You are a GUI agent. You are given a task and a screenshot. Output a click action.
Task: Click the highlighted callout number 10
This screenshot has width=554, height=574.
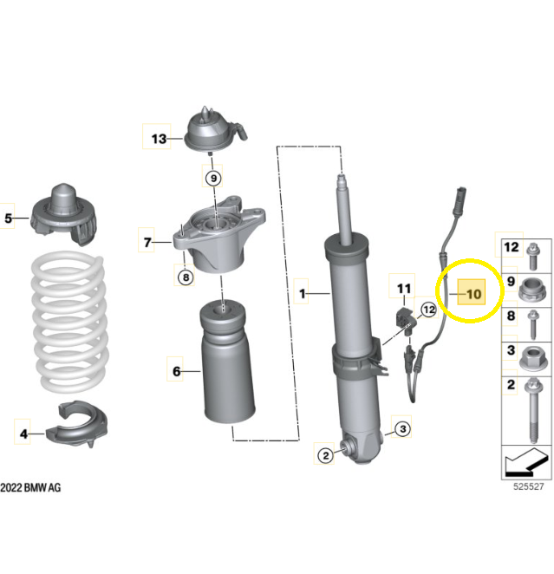tap(474, 294)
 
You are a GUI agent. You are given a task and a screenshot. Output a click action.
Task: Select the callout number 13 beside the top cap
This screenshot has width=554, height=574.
tap(159, 139)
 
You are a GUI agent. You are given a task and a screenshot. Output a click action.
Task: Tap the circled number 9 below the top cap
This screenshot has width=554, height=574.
tap(213, 179)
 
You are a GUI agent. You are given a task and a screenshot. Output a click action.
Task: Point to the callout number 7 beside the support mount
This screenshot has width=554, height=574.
tap(147, 242)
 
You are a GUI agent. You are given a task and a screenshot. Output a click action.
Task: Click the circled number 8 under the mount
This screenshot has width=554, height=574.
tap(186, 277)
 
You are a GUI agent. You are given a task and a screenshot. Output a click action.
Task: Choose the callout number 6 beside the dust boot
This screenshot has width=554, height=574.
tap(176, 372)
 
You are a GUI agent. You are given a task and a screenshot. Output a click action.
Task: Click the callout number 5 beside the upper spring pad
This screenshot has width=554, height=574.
tap(8, 219)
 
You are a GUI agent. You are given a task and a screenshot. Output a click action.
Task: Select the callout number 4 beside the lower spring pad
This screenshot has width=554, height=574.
tap(23, 434)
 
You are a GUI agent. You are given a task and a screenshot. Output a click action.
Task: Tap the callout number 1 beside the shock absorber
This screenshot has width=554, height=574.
tap(303, 294)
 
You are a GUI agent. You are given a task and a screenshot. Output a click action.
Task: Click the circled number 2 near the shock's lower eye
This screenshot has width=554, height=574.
tap(326, 456)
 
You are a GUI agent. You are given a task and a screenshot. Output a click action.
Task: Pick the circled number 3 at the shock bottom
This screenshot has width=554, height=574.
tap(403, 428)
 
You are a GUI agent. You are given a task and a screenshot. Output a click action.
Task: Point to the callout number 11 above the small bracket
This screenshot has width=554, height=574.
tap(404, 289)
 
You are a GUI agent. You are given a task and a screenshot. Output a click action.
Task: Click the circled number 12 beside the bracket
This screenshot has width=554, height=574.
tap(429, 310)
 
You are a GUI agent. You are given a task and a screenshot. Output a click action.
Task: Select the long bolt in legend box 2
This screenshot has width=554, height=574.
tap(533, 411)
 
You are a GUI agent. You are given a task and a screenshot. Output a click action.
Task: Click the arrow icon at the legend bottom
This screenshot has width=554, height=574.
tap(526, 462)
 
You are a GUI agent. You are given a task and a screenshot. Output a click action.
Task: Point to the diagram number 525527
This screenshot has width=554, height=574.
tap(529, 486)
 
